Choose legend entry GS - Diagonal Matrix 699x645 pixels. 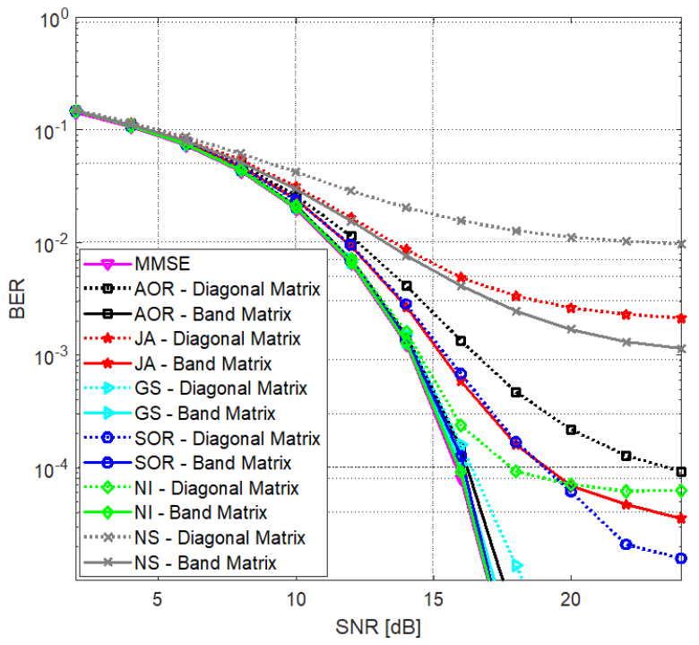point(224,388)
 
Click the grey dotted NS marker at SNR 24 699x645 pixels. point(681,244)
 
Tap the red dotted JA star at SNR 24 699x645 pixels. point(681,318)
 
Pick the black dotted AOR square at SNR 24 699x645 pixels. point(681,472)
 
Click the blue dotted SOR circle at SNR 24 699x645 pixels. point(681,558)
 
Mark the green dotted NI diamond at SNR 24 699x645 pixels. point(681,491)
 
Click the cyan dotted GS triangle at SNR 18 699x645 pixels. point(516,565)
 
